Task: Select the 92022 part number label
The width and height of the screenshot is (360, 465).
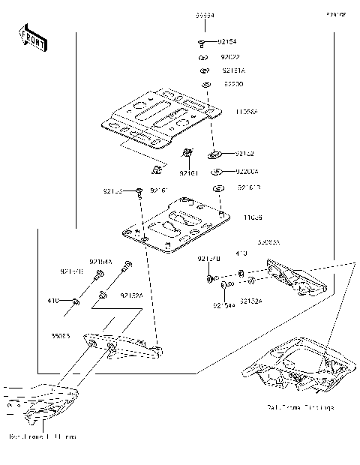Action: point(230,57)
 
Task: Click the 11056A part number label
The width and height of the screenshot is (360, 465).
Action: point(247,112)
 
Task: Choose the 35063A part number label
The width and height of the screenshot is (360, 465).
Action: point(268,243)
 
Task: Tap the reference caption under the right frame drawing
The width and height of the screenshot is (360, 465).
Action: point(300,407)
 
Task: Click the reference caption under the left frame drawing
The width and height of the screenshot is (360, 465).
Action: point(43,436)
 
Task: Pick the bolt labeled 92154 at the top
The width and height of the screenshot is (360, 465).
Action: point(203,43)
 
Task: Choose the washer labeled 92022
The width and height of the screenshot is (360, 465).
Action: point(203,58)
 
